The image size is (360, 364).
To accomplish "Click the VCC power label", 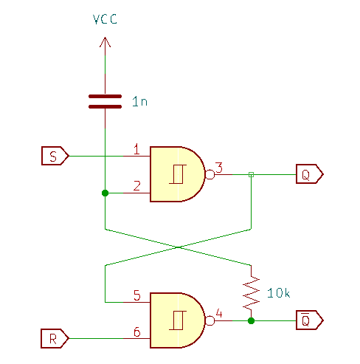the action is point(105,19).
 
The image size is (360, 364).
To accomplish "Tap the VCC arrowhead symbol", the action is point(105,42).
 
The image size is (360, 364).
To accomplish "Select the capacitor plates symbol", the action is point(105,101).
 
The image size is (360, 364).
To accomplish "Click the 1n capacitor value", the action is point(139,101).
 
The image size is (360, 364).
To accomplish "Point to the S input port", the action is point(55,156).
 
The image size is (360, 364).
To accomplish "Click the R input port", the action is point(55,338).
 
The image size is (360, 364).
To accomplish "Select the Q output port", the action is point(310,174).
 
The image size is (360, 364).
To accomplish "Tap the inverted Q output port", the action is point(310,320).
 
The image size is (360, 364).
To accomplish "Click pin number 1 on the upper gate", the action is point(136,149).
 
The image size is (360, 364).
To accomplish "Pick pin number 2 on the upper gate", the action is point(137,186).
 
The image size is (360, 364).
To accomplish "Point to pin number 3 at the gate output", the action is point(219,168).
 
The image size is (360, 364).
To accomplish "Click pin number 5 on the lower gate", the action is point(137,295).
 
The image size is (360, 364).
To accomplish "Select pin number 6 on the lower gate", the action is point(137,332).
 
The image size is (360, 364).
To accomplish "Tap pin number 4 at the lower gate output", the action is point(219,314).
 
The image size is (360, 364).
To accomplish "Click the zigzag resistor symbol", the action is point(251,293).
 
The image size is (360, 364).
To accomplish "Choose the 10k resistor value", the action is point(278,293).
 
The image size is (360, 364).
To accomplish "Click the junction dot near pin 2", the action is point(105,193).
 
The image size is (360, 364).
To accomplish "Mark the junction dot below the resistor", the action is point(251,320).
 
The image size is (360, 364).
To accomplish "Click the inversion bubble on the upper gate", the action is point(210,174).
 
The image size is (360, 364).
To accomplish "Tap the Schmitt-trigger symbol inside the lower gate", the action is point(178,320).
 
